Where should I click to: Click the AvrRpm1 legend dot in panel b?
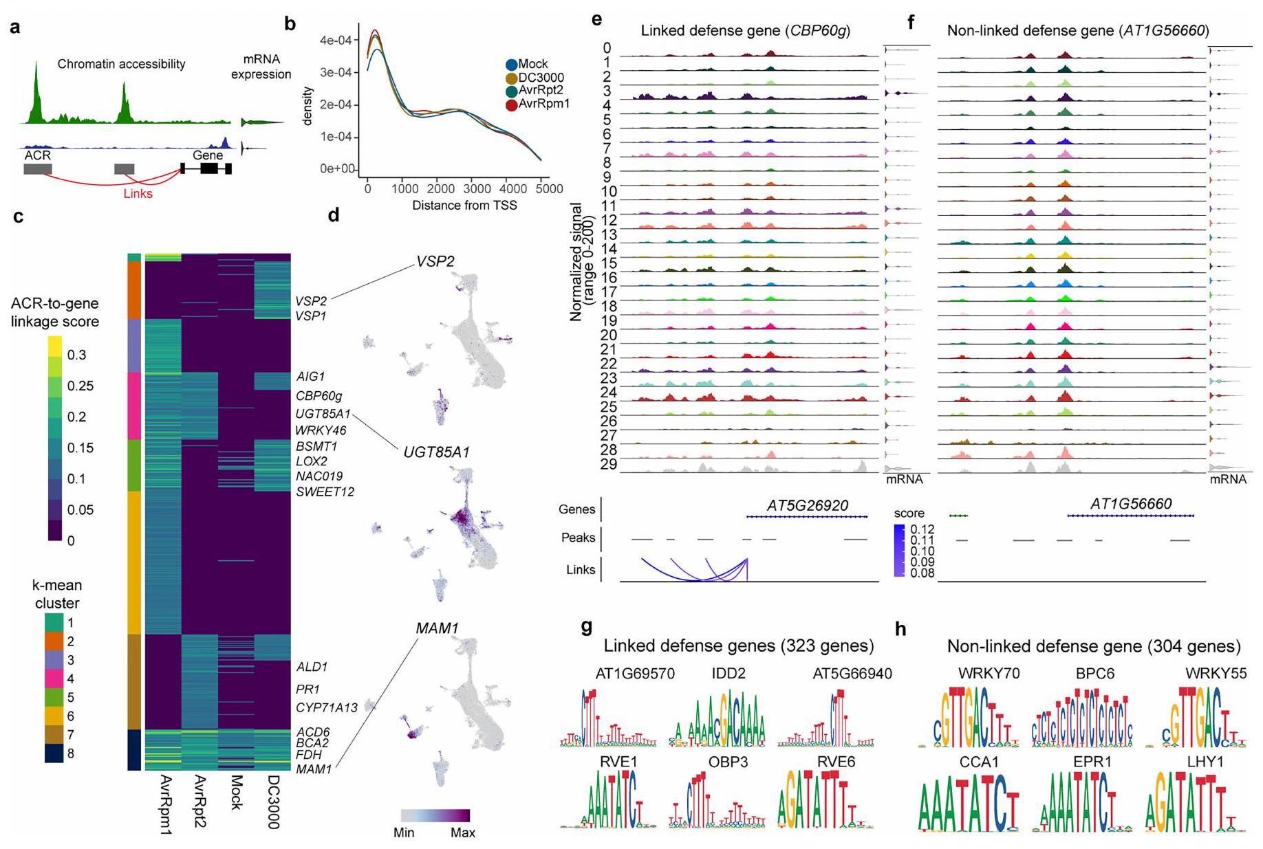point(511,104)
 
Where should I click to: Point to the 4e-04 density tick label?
point(336,40)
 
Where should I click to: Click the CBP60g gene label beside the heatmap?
point(319,396)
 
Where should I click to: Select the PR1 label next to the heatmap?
point(307,689)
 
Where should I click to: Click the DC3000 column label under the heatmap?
point(273,802)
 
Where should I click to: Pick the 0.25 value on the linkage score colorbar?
point(80,386)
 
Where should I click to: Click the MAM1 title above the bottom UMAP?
point(437,628)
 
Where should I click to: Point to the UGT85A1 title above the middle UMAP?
point(437,452)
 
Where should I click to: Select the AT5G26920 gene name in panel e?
point(808,505)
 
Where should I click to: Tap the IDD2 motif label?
point(728,674)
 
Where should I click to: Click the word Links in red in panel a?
point(138,194)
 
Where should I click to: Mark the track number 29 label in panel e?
point(609,465)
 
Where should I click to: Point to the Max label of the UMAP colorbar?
point(462,833)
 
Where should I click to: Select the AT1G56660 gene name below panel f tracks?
point(1131,504)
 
